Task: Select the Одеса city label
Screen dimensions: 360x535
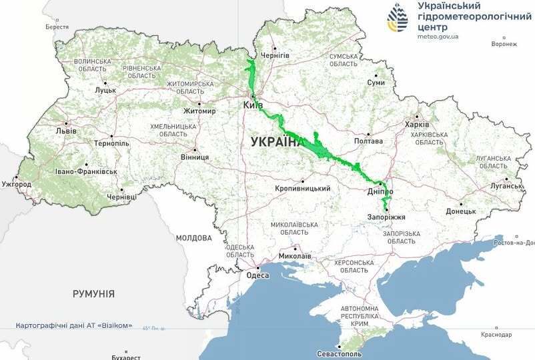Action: click(x=257, y=275)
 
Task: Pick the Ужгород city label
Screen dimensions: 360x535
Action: click(x=16, y=183)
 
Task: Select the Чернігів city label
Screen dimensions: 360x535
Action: click(x=275, y=55)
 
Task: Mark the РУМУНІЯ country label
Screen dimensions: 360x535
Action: click(x=93, y=293)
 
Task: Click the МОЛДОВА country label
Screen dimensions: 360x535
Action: click(x=194, y=237)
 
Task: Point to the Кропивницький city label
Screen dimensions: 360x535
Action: click(x=303, y=189)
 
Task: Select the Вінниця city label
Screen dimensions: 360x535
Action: click(x=195, y=157)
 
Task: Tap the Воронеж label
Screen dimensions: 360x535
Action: click(x=504, y=44)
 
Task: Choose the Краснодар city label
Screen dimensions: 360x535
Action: click(x=495, y=334)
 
